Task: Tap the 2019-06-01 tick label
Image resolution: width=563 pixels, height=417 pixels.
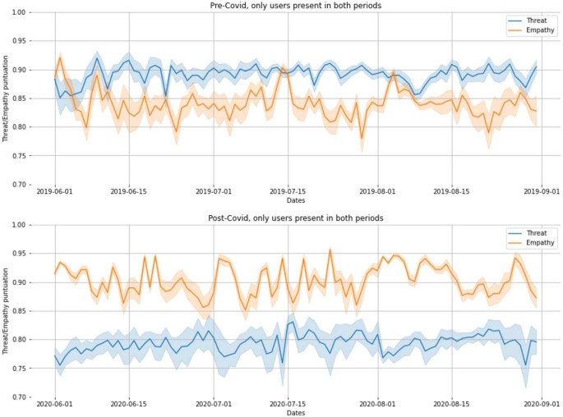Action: [x=55, y=191]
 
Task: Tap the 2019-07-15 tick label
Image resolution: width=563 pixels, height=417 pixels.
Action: [x=288, y=191]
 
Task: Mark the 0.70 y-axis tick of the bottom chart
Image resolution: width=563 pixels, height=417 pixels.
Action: [x=18, y=397]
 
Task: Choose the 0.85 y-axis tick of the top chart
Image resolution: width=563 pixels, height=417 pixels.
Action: [x=18, y=99]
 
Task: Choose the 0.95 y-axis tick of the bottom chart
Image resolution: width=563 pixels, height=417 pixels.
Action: [x=18, y=254]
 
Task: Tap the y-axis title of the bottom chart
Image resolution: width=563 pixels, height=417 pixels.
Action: [x=6, y=311]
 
